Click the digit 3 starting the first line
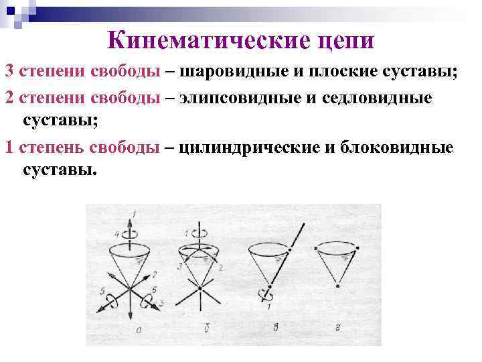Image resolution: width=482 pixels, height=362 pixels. [9, 71]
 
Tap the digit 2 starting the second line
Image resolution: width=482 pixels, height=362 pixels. [9, 98]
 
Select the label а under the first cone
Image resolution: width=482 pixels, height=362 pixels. [137, 329]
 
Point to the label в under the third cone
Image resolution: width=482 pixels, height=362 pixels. [274, 329]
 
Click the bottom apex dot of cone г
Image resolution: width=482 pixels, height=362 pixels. [338, 286]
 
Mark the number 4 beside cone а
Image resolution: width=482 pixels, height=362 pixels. [117, 234]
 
